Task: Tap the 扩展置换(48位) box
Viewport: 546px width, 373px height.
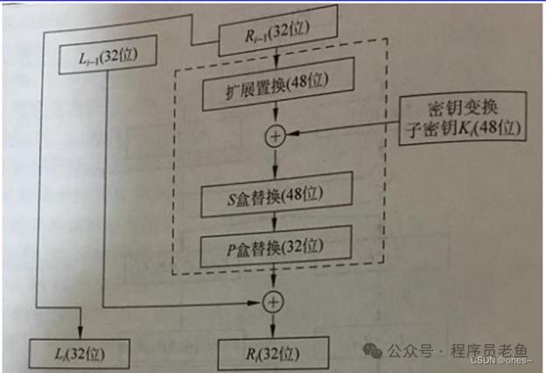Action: click(x=276, y=92)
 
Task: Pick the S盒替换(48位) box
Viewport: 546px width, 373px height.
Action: click(x=276, y=189)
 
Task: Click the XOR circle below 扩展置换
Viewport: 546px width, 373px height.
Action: click(x=277, y=135)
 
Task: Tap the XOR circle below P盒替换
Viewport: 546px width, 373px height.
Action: click(x=276, y=302)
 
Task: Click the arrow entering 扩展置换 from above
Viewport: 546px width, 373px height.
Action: click(x=276, y=66)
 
